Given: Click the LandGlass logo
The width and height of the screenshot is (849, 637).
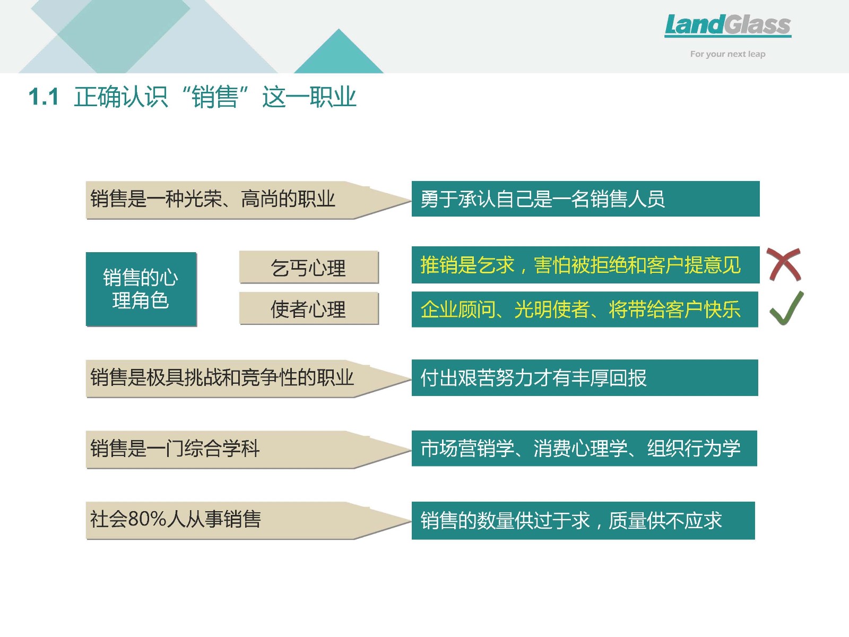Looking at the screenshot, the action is click(727, 25).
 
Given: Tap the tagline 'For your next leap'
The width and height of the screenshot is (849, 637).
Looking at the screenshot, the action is click(727, 54).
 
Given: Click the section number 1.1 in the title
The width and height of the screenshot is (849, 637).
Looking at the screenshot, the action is click(44, 97).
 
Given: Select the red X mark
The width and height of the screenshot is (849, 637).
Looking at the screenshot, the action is click(784, 264).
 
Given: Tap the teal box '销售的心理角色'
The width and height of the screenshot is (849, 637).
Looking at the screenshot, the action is click(141, 289).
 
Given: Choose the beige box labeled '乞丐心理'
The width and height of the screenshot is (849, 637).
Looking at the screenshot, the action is click(309, 267).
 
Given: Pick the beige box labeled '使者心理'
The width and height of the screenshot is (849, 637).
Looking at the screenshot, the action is click(309, 308).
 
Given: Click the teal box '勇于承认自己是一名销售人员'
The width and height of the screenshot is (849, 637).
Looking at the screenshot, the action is click(586, 199).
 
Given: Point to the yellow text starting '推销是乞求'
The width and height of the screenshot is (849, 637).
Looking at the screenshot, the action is click(581, 265).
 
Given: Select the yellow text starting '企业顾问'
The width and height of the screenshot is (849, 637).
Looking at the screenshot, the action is click(581, 309).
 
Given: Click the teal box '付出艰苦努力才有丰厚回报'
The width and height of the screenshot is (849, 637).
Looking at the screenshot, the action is click(585, 377).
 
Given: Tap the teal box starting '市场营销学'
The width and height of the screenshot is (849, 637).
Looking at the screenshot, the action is click(584, 448).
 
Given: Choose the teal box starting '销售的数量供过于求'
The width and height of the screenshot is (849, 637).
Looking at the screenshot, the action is click(583, 520).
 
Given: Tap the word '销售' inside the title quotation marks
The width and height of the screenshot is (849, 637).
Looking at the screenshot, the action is click(215, 97).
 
